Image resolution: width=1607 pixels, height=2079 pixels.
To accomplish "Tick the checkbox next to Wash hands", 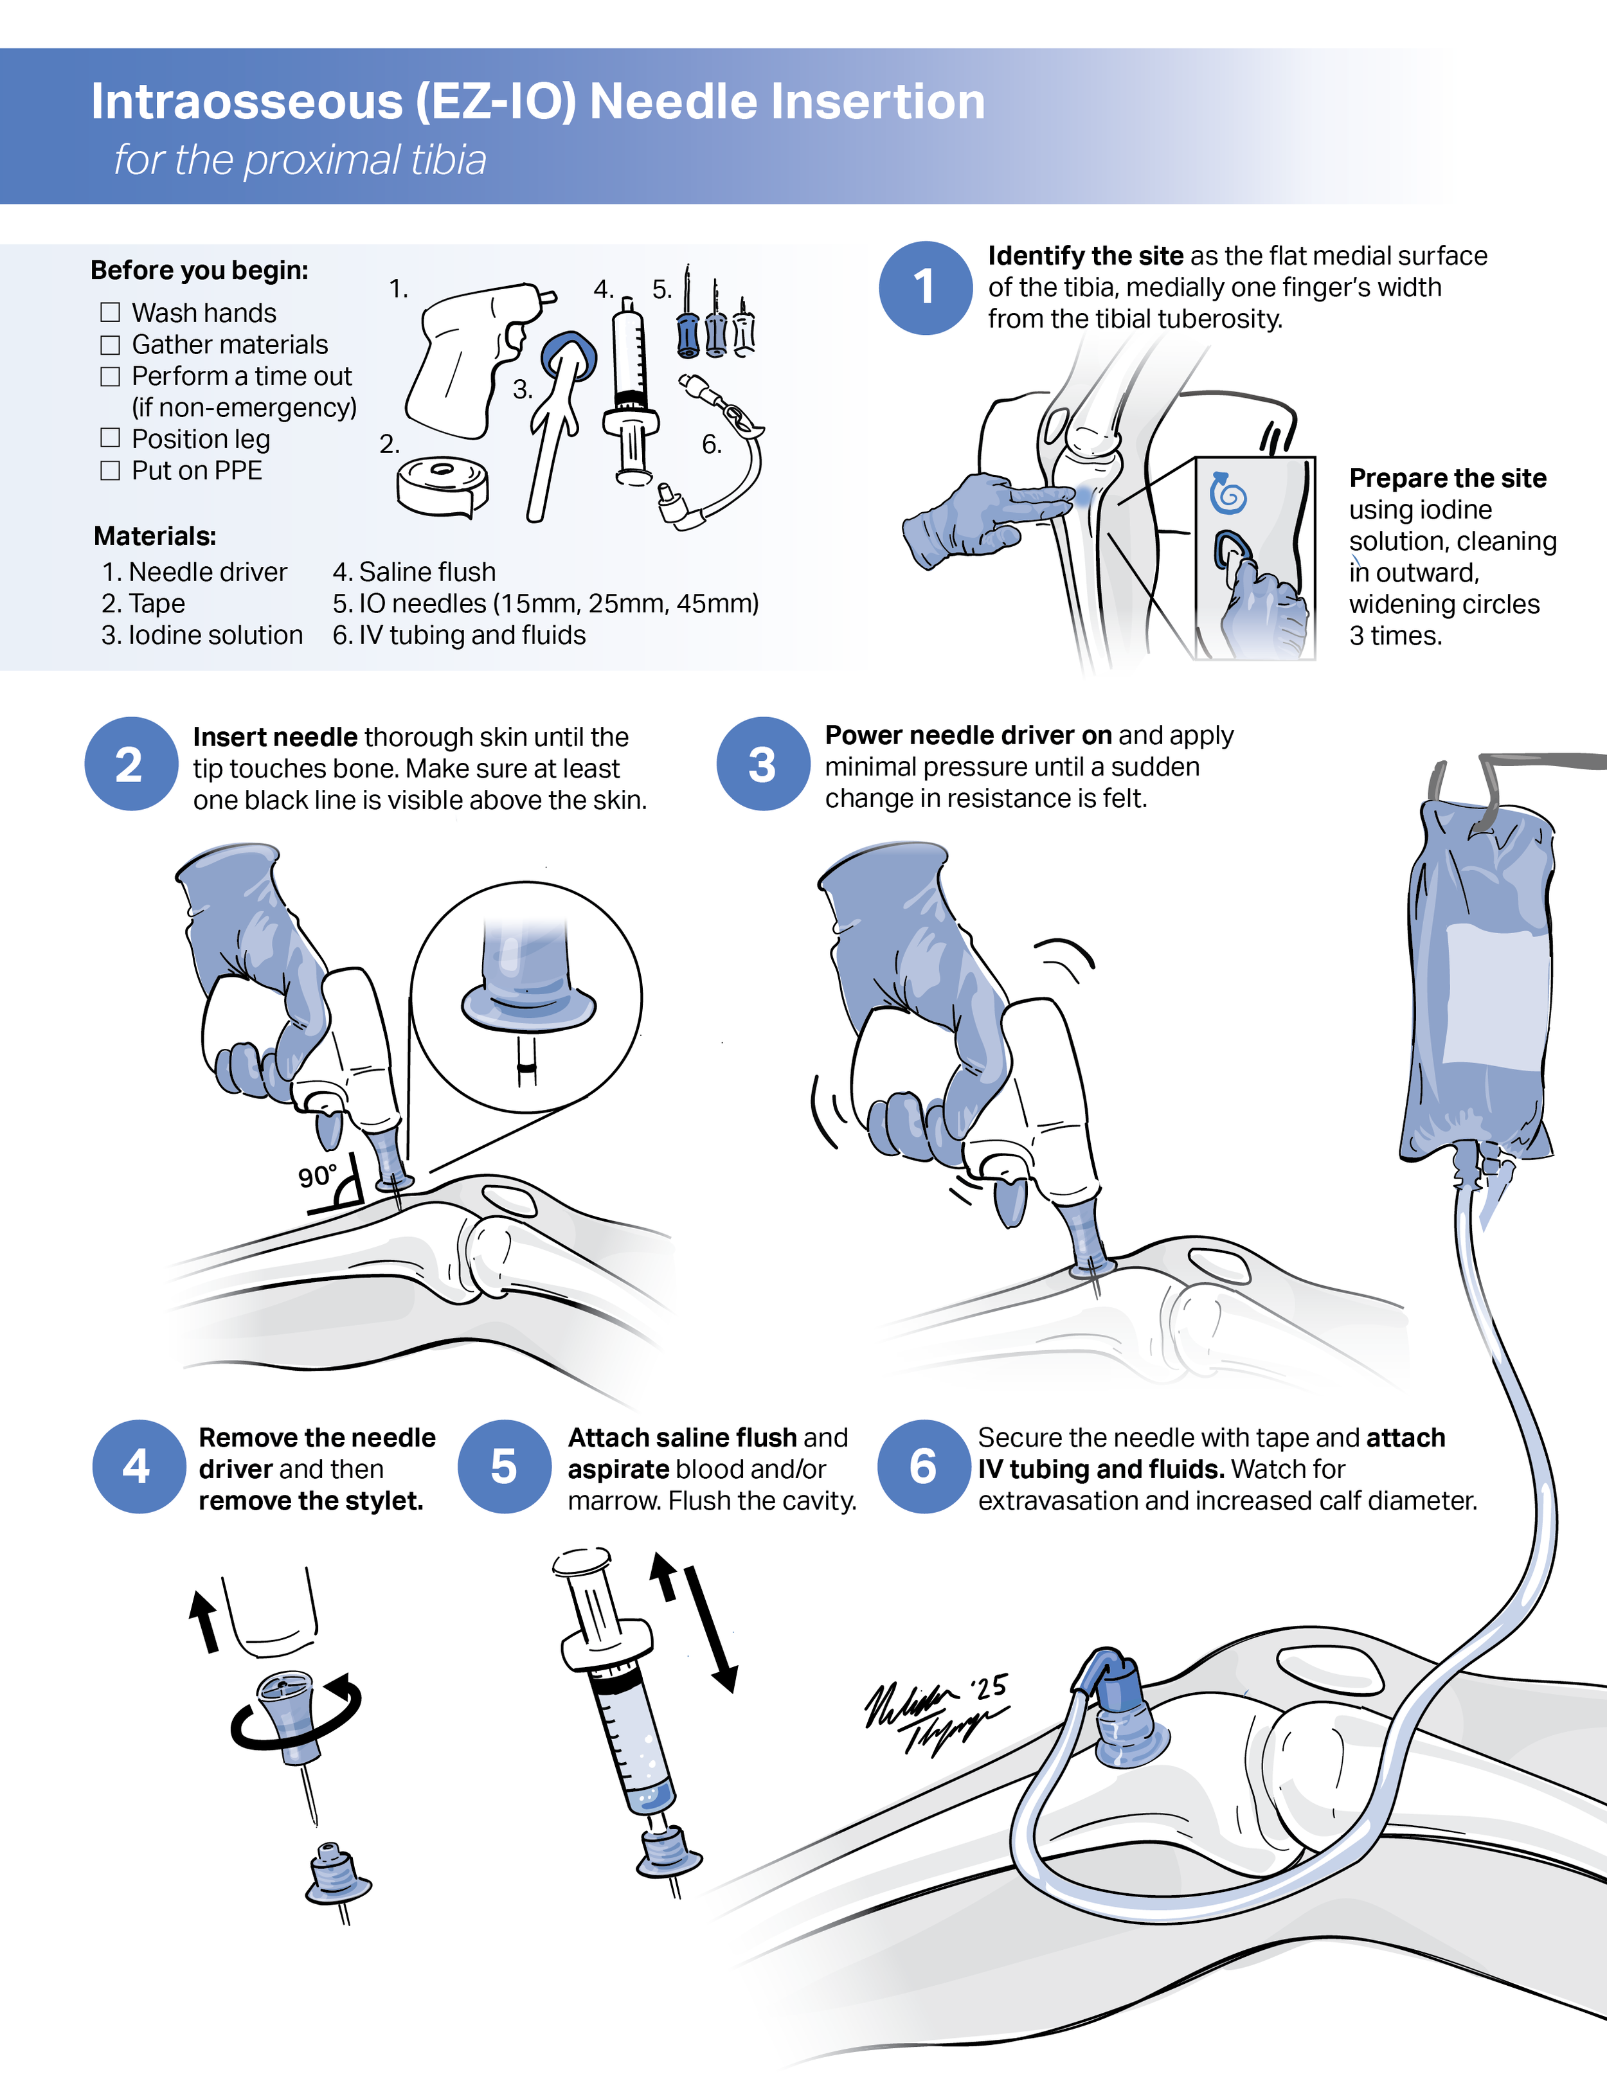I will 111,312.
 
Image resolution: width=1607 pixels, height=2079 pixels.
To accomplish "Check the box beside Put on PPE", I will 111,470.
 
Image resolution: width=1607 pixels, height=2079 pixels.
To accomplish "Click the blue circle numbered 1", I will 924,287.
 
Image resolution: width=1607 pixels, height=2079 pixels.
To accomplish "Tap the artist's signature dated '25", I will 933,1713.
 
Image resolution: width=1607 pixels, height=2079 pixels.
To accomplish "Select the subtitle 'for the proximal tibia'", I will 300,160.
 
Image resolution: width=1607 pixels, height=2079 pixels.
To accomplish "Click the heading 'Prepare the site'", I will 1447,478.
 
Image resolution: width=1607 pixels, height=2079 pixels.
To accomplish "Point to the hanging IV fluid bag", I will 1480,981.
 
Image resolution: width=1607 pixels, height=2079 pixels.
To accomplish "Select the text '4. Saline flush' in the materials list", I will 413,572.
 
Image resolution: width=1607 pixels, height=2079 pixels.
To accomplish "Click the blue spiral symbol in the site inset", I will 1228,493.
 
